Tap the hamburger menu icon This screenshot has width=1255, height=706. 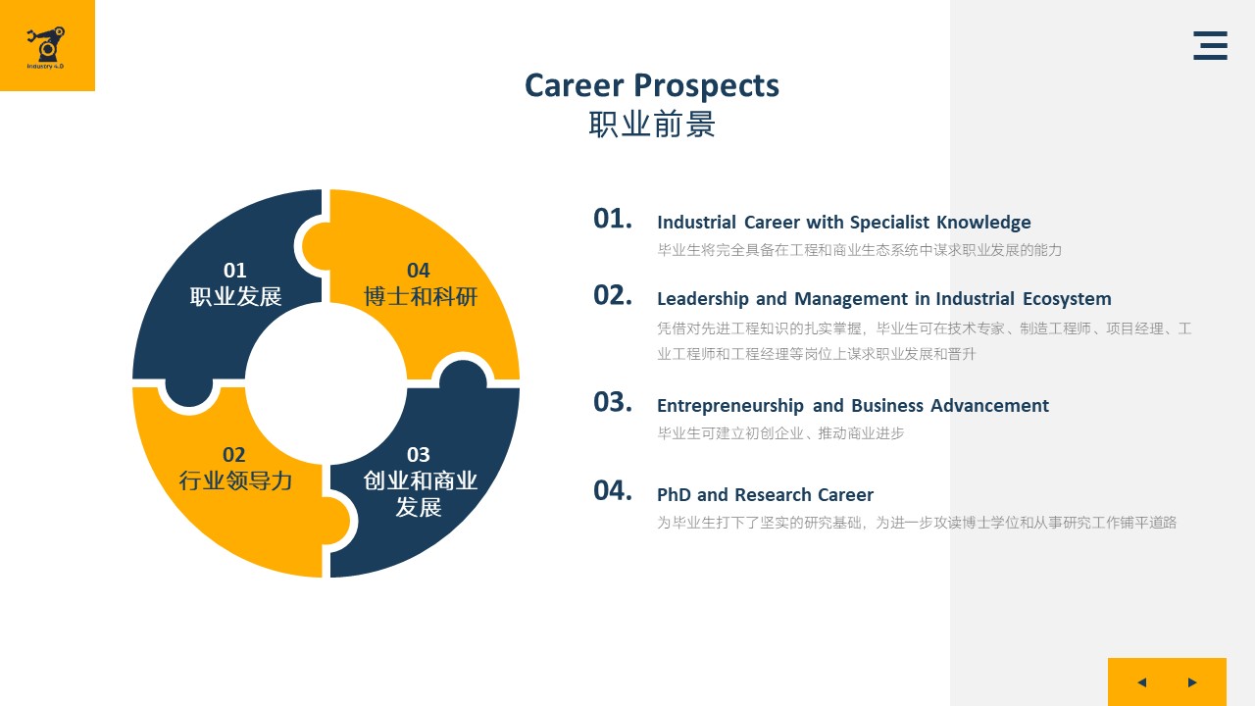click(x=1210, y=45)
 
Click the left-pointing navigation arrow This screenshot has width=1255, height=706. click(x=1142, y=681)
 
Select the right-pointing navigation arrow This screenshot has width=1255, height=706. click(x=1192, y=681)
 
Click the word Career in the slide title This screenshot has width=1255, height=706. click(x=574, y=85)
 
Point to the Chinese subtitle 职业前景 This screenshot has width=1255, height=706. click(x=652, y=124)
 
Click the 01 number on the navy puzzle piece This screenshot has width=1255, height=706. click(x=234, y=270)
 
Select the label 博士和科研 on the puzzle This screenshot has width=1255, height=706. click(x=421, y=296)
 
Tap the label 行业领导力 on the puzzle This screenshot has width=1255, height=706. click(x=235, y=480)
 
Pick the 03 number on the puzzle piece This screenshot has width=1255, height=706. click(x=419, y=454)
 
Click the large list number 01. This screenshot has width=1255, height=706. click(x=613, y=219)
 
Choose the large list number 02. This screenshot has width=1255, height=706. click(x=613, y=295)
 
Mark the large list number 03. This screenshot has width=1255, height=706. click(x=613, y=402)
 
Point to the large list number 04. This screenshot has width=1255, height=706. click(x=613, y=490)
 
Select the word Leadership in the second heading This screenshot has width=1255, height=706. click(x=703, y=299)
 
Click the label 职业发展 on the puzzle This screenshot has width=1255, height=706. click(x=235, y=296)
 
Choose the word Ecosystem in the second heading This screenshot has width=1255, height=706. click(x=1067, y=299)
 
